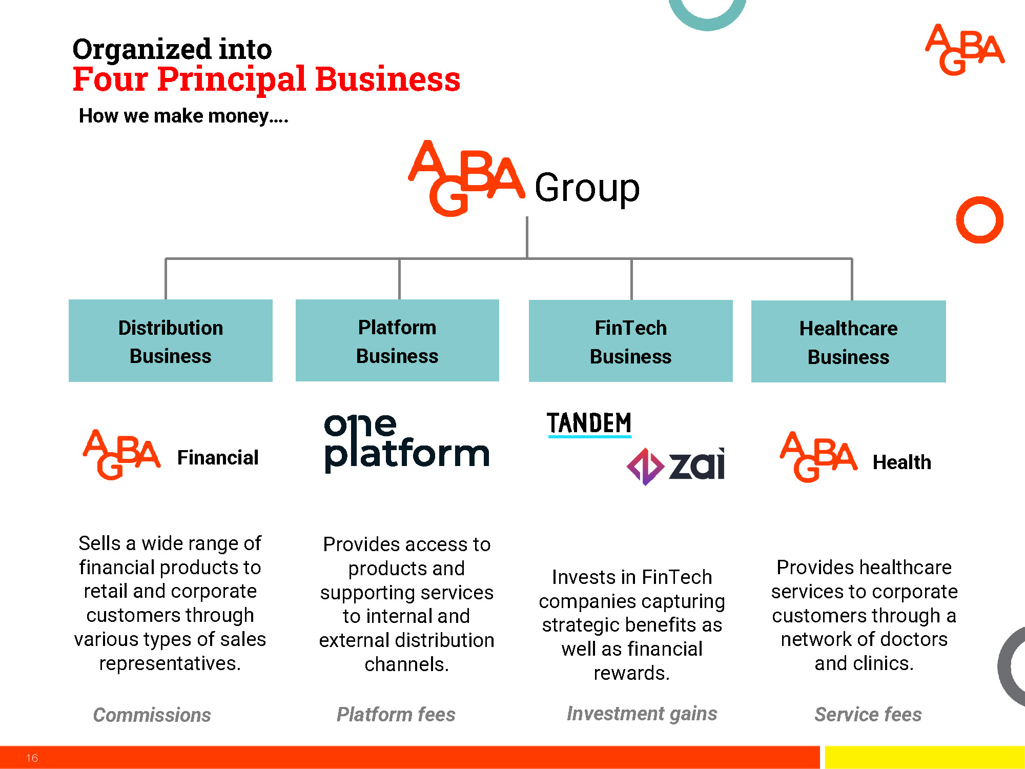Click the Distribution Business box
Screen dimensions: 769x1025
tap(171, 341)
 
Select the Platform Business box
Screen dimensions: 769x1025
tap(397, 340)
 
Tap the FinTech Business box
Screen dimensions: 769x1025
tap(630, 341)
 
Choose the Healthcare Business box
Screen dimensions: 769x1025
tap(848, 341)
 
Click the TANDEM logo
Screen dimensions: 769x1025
tap(589, 424)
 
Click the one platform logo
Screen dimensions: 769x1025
tap(406, 443)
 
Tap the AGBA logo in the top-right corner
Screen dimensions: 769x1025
tap(965, 50)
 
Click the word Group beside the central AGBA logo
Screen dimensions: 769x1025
tap(587, 188)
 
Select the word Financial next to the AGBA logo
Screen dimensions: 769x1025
tap(218, 457)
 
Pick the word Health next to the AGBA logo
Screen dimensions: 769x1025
tap(902, 462)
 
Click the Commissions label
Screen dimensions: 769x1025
tap(152, 715)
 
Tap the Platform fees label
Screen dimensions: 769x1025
tap(396, 714)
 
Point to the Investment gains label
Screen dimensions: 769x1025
tap(642, 714)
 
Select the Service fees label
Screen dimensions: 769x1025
tap(868, 714)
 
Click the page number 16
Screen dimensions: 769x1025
tap(32, 758)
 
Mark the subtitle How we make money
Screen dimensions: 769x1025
tap(183, 116)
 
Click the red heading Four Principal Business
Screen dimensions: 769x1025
tap(266, 79)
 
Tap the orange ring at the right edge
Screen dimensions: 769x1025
tap(979, 220)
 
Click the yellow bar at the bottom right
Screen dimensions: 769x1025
tap(925, 757)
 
